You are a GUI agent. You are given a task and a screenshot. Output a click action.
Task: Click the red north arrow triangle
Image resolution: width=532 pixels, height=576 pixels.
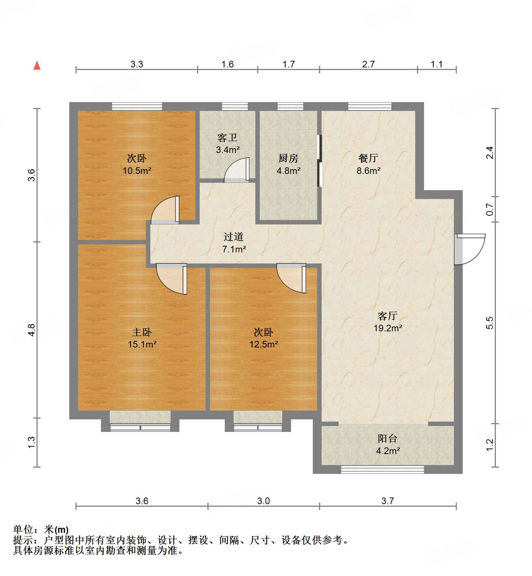[x=37, y=65]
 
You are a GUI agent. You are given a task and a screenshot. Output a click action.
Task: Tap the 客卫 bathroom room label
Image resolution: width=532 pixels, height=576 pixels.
[x=227, y=138]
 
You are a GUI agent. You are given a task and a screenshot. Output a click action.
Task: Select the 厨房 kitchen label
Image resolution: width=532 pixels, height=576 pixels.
[x=288, y=158]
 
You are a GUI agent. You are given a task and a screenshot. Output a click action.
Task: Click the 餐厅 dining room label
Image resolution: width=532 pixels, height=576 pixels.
[x=368, y=158]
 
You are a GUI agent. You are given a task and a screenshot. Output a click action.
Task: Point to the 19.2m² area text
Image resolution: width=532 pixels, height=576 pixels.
[x=388, y=328]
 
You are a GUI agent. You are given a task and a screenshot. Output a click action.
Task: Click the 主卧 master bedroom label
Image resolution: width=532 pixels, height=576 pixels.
[x=142, y=332]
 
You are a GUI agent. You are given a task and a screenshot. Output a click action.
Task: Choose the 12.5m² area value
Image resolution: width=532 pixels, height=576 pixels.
[x=263, y=344]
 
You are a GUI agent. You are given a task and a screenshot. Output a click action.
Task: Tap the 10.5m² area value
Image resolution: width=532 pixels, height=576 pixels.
[x=137, y=171]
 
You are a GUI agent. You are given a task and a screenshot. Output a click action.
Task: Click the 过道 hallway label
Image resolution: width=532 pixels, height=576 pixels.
[x=234, y=237]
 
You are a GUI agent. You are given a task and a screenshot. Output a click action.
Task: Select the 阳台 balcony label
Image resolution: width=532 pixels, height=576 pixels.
[x=388, y=439]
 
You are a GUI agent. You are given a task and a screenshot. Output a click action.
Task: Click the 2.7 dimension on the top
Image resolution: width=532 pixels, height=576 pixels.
[x=368, y=64]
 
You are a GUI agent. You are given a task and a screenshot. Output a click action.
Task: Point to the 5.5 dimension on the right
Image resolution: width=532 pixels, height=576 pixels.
[x=489, y=323]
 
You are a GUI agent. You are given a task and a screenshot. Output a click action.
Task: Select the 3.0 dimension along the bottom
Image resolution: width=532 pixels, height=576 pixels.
[x=263, y=501]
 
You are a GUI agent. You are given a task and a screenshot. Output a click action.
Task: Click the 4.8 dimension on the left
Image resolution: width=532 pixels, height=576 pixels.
[x=31, y=329]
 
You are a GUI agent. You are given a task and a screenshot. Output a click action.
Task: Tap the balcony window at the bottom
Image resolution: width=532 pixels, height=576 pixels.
[x=382, y=469]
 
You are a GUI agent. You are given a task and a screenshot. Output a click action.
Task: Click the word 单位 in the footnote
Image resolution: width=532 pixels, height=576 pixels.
[x=23, y=530]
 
